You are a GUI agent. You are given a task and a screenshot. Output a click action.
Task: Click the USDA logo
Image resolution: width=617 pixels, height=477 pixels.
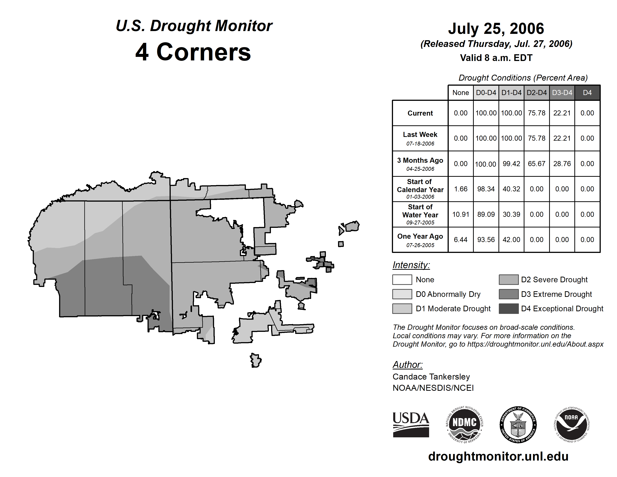[411, 424]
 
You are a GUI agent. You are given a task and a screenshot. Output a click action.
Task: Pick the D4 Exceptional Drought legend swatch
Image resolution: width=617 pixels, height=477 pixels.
[509, 309]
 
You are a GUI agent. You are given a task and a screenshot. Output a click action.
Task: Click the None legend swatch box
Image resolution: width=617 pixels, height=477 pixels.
[402, 279]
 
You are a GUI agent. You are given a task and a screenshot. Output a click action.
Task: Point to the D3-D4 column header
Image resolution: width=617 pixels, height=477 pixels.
[562, 93]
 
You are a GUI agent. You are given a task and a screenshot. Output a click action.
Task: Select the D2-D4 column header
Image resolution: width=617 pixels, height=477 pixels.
[536, 93]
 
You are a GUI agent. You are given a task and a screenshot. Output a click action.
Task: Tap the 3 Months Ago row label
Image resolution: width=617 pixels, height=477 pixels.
[420, 164]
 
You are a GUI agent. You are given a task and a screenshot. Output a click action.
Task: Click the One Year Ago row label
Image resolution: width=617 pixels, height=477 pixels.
[420, 240]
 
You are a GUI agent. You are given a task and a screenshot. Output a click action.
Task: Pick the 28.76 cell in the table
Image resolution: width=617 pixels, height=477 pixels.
[562, 164]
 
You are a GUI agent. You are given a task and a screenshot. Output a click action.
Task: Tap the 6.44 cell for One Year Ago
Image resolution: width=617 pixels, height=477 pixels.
[461, 240]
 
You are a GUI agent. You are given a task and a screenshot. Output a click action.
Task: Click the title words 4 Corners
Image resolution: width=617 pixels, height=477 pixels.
[193, 52]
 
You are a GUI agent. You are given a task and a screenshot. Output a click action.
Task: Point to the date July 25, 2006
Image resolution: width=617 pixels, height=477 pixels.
[496, 29]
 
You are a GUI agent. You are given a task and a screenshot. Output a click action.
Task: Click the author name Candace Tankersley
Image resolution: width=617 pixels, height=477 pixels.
[431, 377]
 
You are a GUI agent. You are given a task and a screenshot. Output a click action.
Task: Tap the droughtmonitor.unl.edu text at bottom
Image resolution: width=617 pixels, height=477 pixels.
[498, 456]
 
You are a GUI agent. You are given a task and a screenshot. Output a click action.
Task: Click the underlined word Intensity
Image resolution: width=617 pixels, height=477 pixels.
[411, 265]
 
